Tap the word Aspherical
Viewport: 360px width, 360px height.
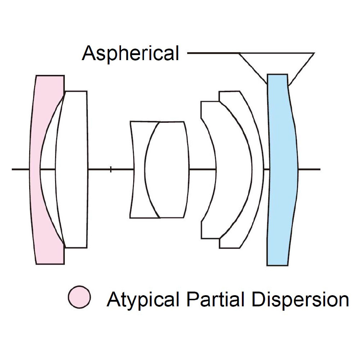(130, 53)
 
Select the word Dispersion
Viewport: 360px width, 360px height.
(301, 300)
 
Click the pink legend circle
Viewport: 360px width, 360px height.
(80, 297)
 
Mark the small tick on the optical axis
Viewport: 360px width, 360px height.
(111, 170)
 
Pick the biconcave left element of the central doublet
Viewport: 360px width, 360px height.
(139, 170)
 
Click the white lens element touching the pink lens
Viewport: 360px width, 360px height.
(72, 170)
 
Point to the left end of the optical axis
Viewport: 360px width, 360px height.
(12, 170)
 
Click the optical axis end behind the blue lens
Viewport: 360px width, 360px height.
(320, 170)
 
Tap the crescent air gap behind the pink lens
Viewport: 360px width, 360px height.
(48, 170)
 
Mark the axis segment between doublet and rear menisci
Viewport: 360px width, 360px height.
(203, 170)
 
